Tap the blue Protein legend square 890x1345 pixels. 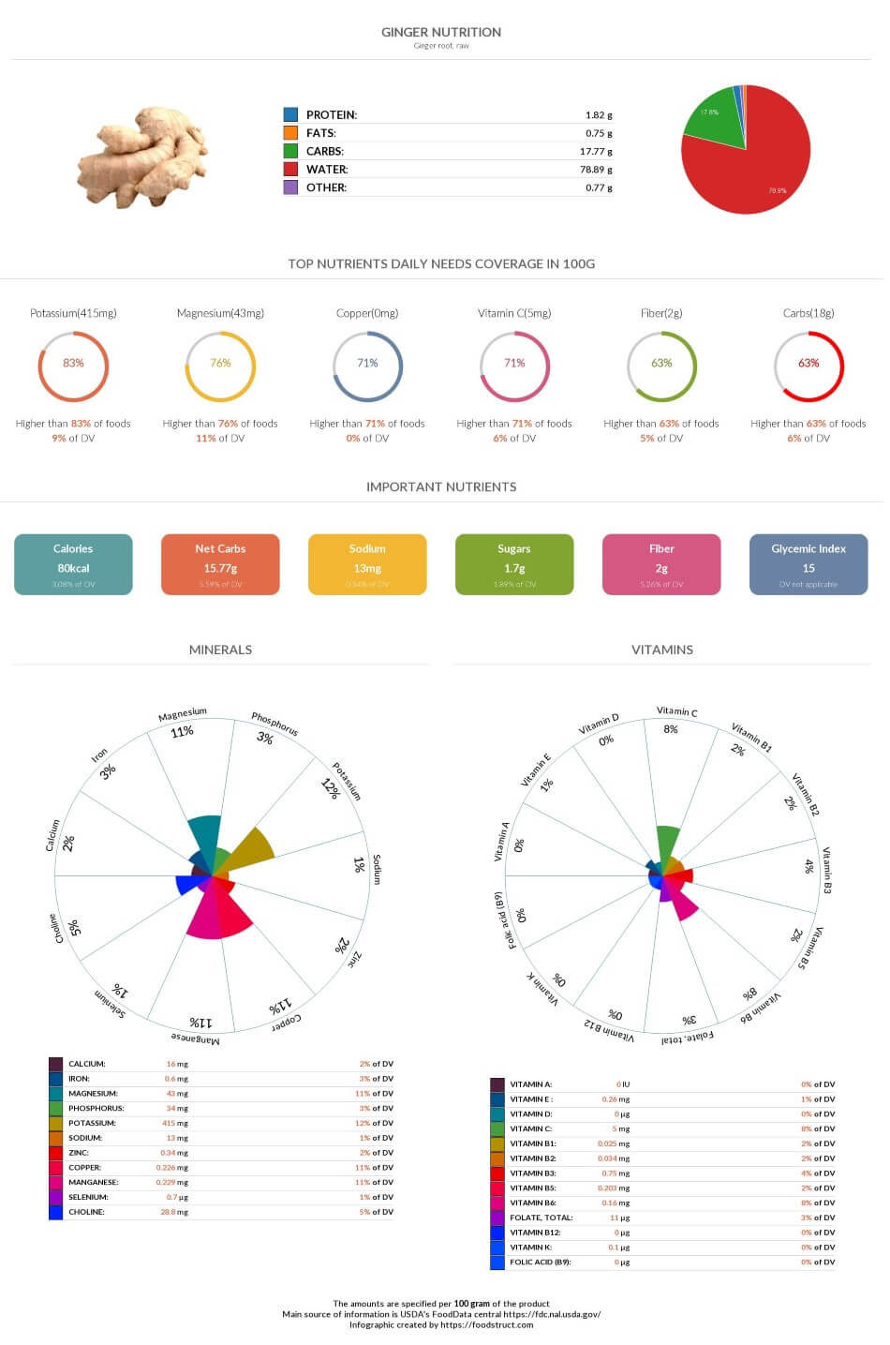(290, 114)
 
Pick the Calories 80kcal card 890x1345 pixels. (73, 564)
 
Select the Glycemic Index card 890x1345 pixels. (808, 564)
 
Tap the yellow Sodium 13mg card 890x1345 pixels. (367, 564)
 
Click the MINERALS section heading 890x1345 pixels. (220, 650)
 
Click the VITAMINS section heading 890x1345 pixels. (662, 650)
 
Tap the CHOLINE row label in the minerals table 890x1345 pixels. (86, 1212)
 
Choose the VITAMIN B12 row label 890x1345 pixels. (533, 1233)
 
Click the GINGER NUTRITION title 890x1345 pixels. (441, 32)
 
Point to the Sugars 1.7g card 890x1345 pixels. (514, 564)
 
